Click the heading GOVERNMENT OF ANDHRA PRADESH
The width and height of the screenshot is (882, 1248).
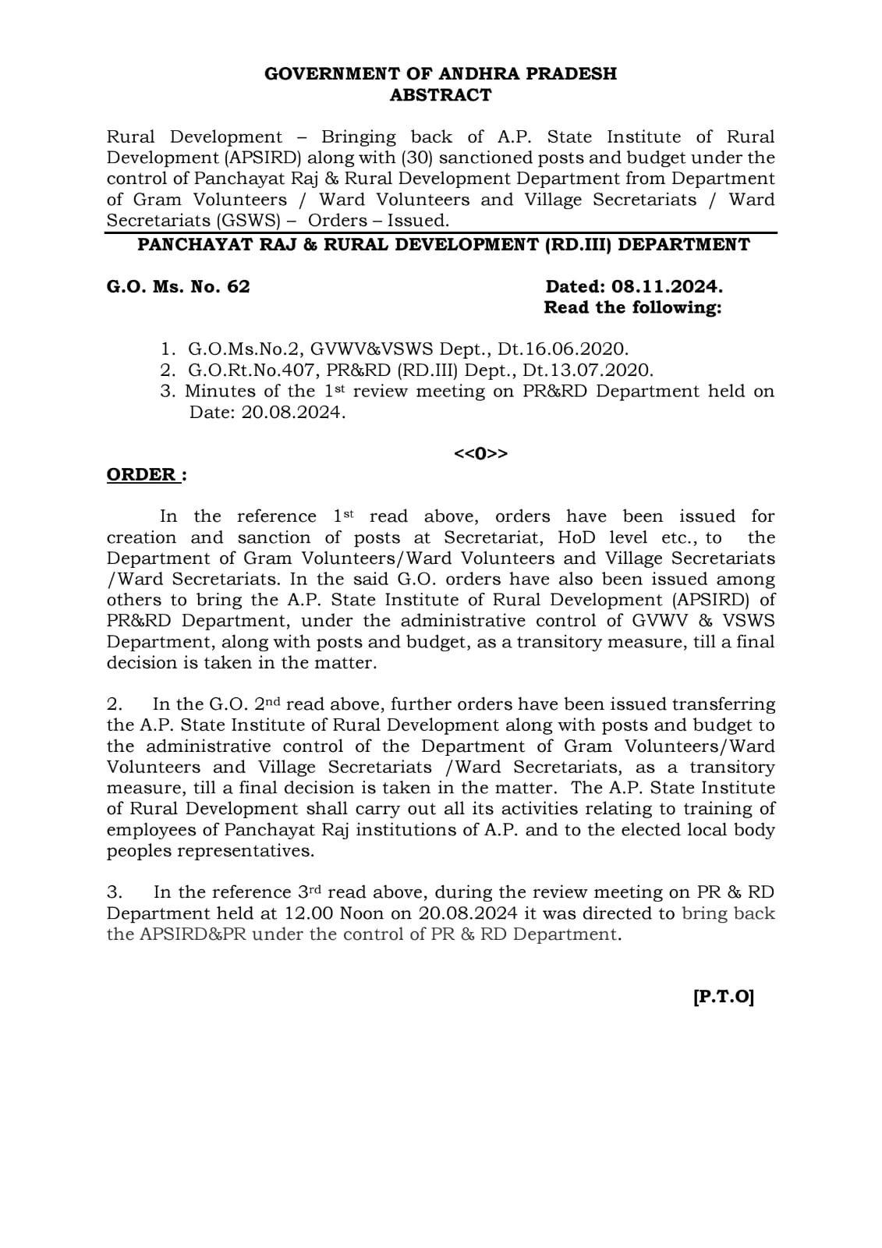(x=441, y=74)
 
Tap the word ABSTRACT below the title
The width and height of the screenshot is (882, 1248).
(x=441, y=95)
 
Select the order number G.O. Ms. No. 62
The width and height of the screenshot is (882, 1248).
(x=178, y=286)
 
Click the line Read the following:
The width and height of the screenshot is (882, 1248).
(x=632, y=307)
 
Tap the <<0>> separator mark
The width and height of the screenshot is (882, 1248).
(x=481, y=453)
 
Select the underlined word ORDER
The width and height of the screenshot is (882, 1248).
(x=142, y=475)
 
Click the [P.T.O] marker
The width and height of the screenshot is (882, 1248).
(x=723, y=997)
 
